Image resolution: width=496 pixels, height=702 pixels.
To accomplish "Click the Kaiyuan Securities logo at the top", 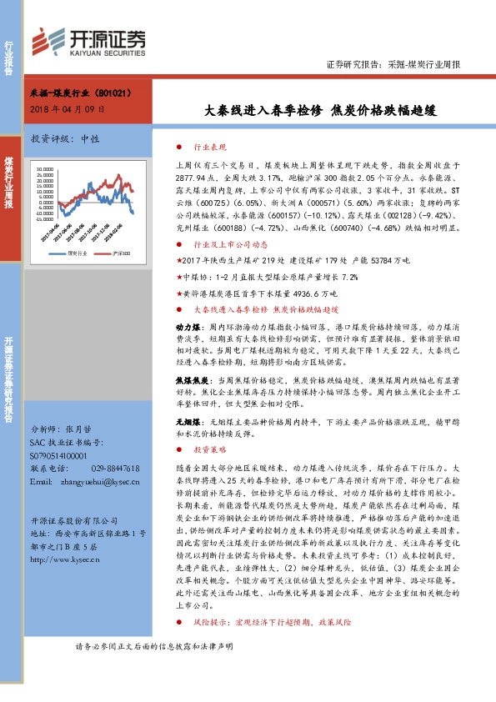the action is (x=88, y=41).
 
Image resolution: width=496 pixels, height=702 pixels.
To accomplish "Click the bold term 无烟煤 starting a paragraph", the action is (x=185, y=422).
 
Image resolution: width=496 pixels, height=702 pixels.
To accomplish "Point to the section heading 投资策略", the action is (x=209, y=449).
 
